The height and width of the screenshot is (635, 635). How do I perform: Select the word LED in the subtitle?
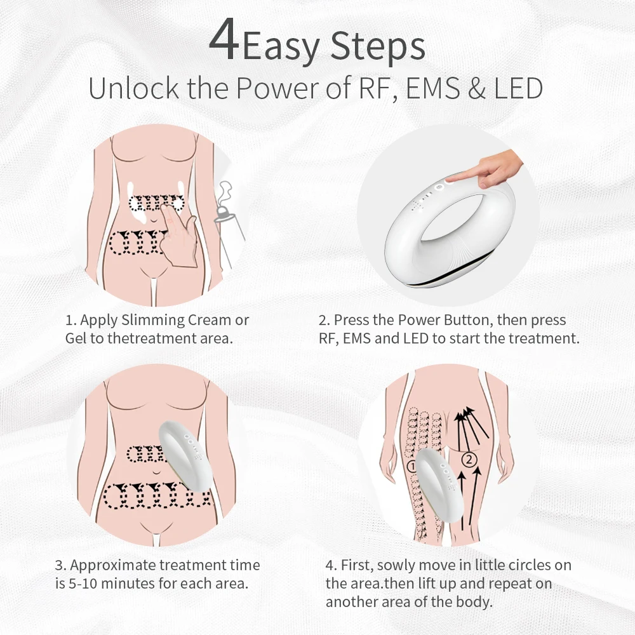[518, 88]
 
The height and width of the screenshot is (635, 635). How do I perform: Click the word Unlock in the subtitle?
[133, 88]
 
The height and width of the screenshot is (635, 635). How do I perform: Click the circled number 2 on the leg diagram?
[469, 460]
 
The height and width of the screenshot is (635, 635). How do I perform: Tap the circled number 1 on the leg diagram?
[411, 467]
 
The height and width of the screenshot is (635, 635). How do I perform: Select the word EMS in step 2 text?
[357, 338]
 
